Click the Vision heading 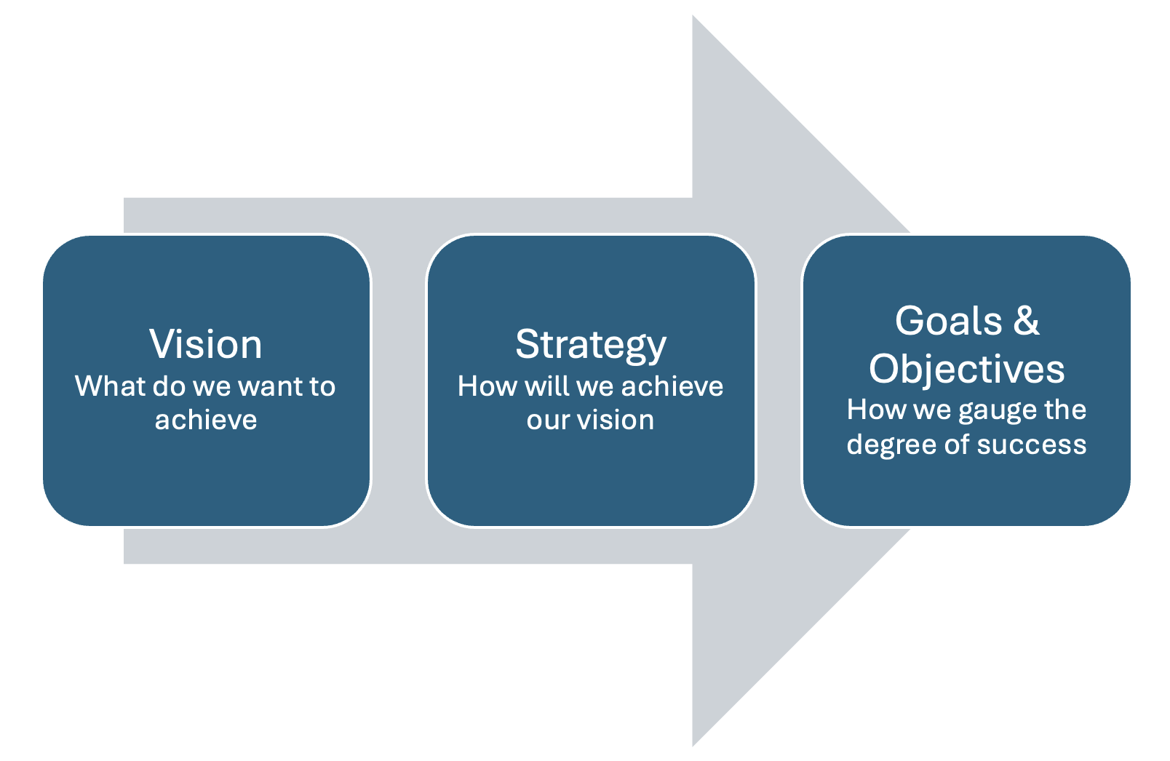(206, 344)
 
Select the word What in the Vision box (110, 386)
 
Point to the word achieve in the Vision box (206, 420)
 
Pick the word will (547, 386)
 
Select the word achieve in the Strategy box (672, 386)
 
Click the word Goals (949, 321)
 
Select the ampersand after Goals (1027, 320)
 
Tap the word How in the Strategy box (488, 386)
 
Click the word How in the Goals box (877, 410)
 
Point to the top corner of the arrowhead (693, 15)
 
